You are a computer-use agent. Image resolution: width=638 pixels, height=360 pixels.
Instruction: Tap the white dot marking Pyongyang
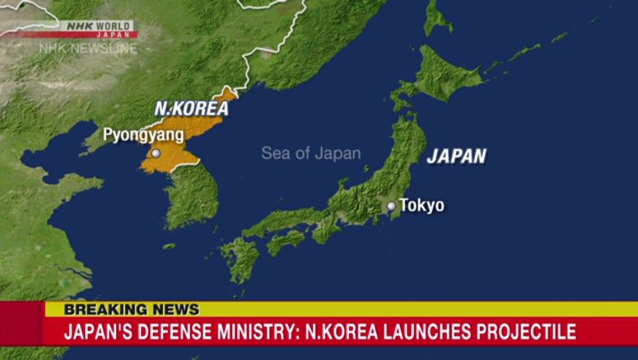click(x=156, y=153)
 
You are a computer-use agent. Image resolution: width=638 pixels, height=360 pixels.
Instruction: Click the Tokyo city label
click(x=421, y=206)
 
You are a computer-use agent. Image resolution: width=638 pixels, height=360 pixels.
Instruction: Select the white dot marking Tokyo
click(x=391, y=206)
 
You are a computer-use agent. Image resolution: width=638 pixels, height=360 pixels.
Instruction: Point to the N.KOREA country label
click(x=191, y=108)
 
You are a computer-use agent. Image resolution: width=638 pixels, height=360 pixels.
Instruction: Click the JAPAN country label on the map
click(x=456, y=157)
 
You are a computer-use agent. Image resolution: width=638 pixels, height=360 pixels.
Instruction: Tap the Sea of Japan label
click(x=310, y=153)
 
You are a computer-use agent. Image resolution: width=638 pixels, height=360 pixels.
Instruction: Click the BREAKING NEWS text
click(x=132, y=310)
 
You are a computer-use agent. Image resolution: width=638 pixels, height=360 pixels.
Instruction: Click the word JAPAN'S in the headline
click(x=94, y=332)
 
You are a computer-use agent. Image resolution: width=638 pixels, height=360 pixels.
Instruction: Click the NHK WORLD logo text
click(x=98, y=26)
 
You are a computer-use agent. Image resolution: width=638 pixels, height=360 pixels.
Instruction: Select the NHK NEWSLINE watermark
click(x=87, y=48)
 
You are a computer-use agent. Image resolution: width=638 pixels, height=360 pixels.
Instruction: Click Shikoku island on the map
click(x=284, y=241)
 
